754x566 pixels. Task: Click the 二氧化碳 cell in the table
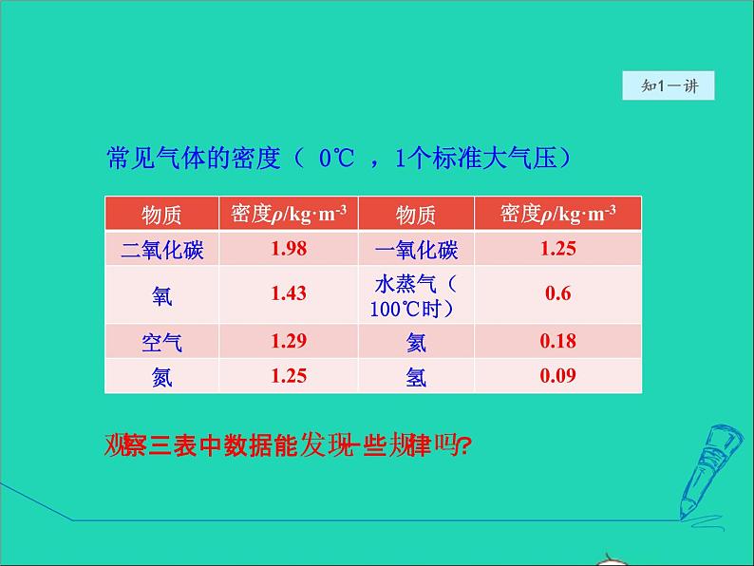pyautogui.click(x=162, y=249)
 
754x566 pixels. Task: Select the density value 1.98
pyautogui.click(x=289, y=249)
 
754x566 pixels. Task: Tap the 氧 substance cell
pyautogui.click(x=162, y=294)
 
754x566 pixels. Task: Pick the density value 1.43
pyautogui.click(x=289, y=293)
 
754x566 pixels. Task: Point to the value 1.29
pyautogui.click(x=289, y=341)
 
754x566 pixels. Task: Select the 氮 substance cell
pyautogui.click(x=162, y=376)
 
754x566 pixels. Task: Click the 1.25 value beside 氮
pyautogui.click(x=289, y=376)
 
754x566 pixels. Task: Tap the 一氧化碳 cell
pyautogui.click(x=416, y=249)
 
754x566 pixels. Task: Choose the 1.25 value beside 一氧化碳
pyautogui.click(x=558, y=249)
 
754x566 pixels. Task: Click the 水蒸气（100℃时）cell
pyautogui.click(x=416, y=294)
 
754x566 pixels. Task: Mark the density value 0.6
pyautogui.click(x=558, y=293)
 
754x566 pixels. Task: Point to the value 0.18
pyautogui.click(x=558, y=341)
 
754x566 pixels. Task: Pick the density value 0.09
pyautogui.click(x=558, y=376)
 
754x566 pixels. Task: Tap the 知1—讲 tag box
pyautogui.click(x=669, y=85)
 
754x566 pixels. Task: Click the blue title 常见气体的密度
pyautogui.click(x=196, y=158)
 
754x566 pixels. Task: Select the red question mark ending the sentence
pyautogui.click(x=464, y=445)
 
